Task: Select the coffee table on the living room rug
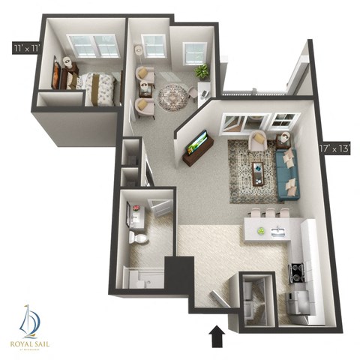257,172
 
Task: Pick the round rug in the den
172,97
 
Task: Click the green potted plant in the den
202,71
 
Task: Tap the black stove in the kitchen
295,272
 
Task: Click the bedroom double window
94,46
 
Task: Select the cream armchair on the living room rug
256,139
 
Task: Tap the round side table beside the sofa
283,139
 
